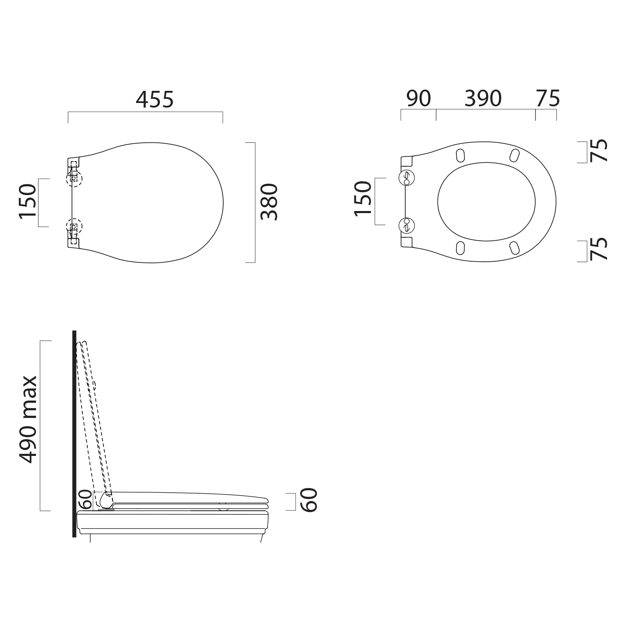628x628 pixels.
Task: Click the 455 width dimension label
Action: coord(154,99)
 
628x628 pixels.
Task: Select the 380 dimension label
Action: coord(269,202)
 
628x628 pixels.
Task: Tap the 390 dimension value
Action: coord(483,98)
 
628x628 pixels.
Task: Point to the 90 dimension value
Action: coord(418,98)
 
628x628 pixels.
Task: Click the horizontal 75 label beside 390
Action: coord(548,98)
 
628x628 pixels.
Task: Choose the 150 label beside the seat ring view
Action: coord(363,198)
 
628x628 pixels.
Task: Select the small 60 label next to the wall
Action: coord(85,499)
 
